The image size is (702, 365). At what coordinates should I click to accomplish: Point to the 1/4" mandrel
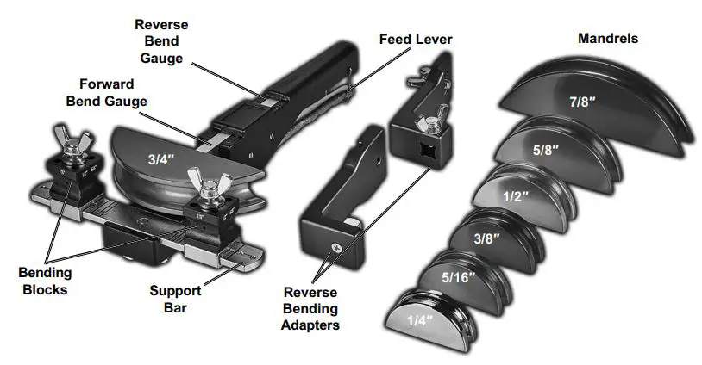click(x=422, y=319)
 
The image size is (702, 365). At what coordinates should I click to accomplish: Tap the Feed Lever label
click(x=415, y=40)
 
